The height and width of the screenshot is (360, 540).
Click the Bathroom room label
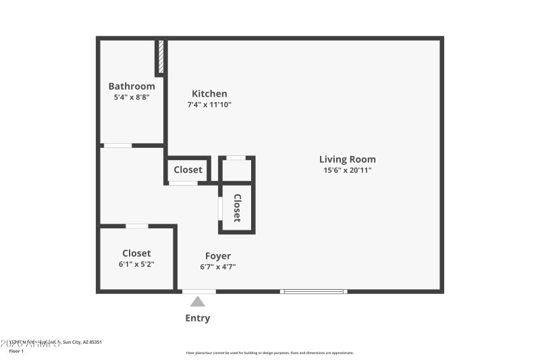click(x=132, y=86)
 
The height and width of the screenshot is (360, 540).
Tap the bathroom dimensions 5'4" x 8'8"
click(x=132, y=97)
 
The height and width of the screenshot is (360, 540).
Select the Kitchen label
click(x=209, y=94)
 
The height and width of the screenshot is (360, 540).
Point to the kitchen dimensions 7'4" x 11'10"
click(x=209, y=105)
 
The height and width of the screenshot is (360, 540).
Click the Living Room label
click(x=348, y=159)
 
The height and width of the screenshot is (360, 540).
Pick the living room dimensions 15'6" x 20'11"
click(x=348, y=170)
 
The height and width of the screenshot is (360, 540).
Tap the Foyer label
click(x=218, y=256)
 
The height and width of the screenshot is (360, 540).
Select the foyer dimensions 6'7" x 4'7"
click(x=218, y=267)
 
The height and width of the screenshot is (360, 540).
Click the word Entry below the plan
click(x=198, y=318)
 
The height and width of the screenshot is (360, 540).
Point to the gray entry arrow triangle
click(x=198, y=302)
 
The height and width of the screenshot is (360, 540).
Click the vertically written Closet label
click(x=237, y=207)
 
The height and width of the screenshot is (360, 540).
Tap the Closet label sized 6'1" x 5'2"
click(x=136, y=253)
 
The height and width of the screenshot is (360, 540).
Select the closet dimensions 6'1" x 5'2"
click(x=136, y=264)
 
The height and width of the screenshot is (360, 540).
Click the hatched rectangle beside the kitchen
click(x=161, y=57)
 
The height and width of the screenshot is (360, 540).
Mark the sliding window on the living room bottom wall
click(x=314, y=291)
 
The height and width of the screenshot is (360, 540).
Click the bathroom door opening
click(x=117, y=145)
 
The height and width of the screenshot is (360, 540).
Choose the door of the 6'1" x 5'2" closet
click(x=137, y=226)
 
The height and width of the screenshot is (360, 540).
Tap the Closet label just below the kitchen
click(x=188, y=170)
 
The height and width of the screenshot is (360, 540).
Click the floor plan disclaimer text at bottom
click(x=269, y=353)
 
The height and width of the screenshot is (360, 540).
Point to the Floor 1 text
click(x=16, y=351)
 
